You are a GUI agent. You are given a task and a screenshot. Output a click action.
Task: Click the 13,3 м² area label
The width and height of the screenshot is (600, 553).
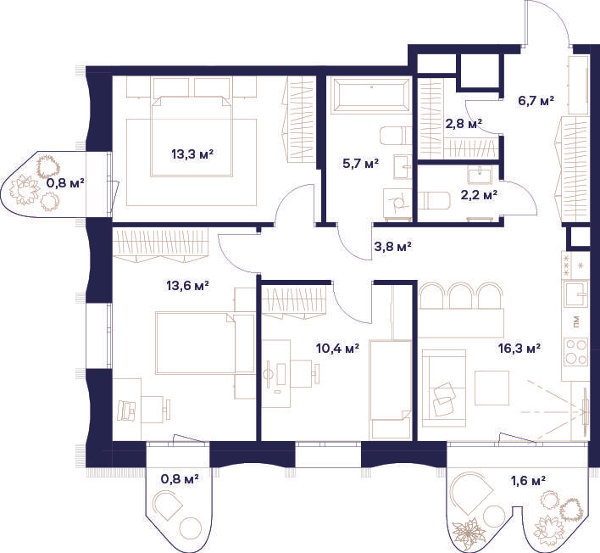click(192, 154)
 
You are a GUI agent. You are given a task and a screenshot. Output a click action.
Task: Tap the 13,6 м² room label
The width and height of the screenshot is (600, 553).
click(187, 286)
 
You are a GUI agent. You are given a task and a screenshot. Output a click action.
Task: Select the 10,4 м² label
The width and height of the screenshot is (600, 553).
click(337, 349)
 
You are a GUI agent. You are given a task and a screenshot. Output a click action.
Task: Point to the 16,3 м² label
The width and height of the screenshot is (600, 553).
click(519, 349)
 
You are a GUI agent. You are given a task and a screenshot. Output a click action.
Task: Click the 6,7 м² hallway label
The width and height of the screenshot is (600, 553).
click(536, 101)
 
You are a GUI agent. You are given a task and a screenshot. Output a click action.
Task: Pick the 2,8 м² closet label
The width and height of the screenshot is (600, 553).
click(464, 124)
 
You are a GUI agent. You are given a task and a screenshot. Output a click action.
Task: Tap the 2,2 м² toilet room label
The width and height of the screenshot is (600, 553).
click(479, 195)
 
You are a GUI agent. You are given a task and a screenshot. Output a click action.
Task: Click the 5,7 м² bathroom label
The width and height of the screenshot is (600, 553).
click(360, 165)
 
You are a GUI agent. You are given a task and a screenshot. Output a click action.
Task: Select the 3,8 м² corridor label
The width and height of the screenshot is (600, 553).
click(392, 247)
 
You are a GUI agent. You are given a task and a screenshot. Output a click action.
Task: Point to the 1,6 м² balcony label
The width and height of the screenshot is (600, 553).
click(528, 480)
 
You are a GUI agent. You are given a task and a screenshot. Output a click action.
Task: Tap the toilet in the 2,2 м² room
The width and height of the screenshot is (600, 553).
click(433, 201)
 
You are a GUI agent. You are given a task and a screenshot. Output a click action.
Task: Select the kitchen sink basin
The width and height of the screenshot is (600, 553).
click(576, 293)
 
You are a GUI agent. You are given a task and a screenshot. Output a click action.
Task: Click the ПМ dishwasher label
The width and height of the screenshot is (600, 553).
click(576, 322)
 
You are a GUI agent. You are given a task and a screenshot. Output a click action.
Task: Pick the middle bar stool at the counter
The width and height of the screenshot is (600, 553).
click(460, 295)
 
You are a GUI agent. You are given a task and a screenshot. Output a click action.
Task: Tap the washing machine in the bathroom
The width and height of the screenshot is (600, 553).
click(397, 204)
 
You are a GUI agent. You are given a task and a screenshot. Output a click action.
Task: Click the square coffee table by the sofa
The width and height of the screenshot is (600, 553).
click(492, 388)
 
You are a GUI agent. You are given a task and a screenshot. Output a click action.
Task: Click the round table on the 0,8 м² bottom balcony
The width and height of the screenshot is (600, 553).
click(190, 528)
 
